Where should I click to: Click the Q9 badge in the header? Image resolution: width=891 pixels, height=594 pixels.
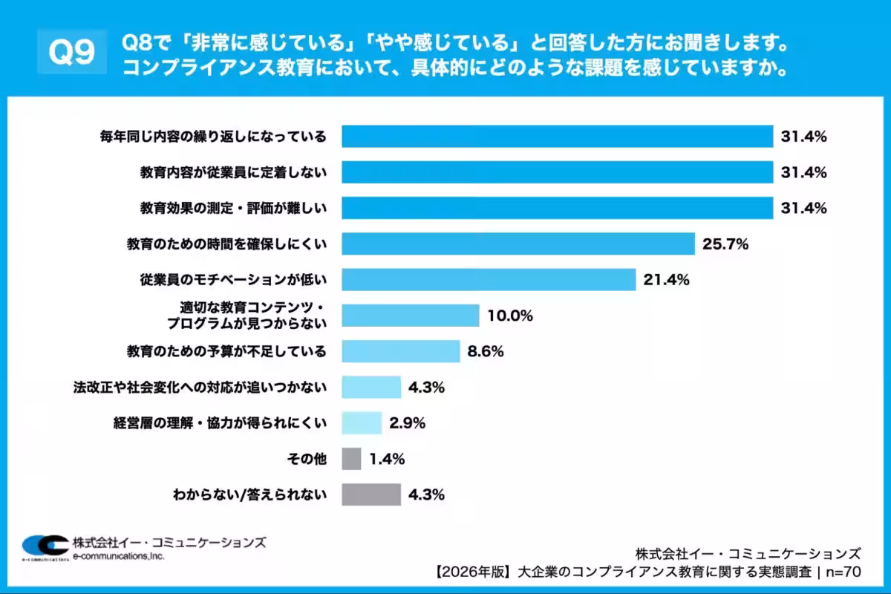[71, 52]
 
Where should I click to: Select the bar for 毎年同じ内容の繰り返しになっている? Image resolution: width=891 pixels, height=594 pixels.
[557, 137]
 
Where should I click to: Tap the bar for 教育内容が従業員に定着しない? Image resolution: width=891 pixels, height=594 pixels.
[557, 172]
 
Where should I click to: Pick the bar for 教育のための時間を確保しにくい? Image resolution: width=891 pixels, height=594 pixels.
[518, 244]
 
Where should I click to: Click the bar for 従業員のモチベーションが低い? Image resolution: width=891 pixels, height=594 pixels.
[489, 279]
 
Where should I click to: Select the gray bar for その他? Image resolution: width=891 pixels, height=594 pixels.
[351, 459]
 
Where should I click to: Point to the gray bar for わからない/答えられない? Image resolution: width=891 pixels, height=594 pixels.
[371, 494]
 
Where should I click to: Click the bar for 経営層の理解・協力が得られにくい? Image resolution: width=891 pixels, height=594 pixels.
[362, 423]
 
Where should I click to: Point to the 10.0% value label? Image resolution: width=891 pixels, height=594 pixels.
[510, 316]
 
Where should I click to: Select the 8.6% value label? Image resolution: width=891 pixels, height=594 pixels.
[486, 351]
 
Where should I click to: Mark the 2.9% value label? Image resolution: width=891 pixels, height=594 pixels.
[407, 423]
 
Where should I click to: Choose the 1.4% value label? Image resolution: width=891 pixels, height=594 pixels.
[386, 459]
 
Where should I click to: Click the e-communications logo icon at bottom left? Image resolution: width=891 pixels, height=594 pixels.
[43, 546]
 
